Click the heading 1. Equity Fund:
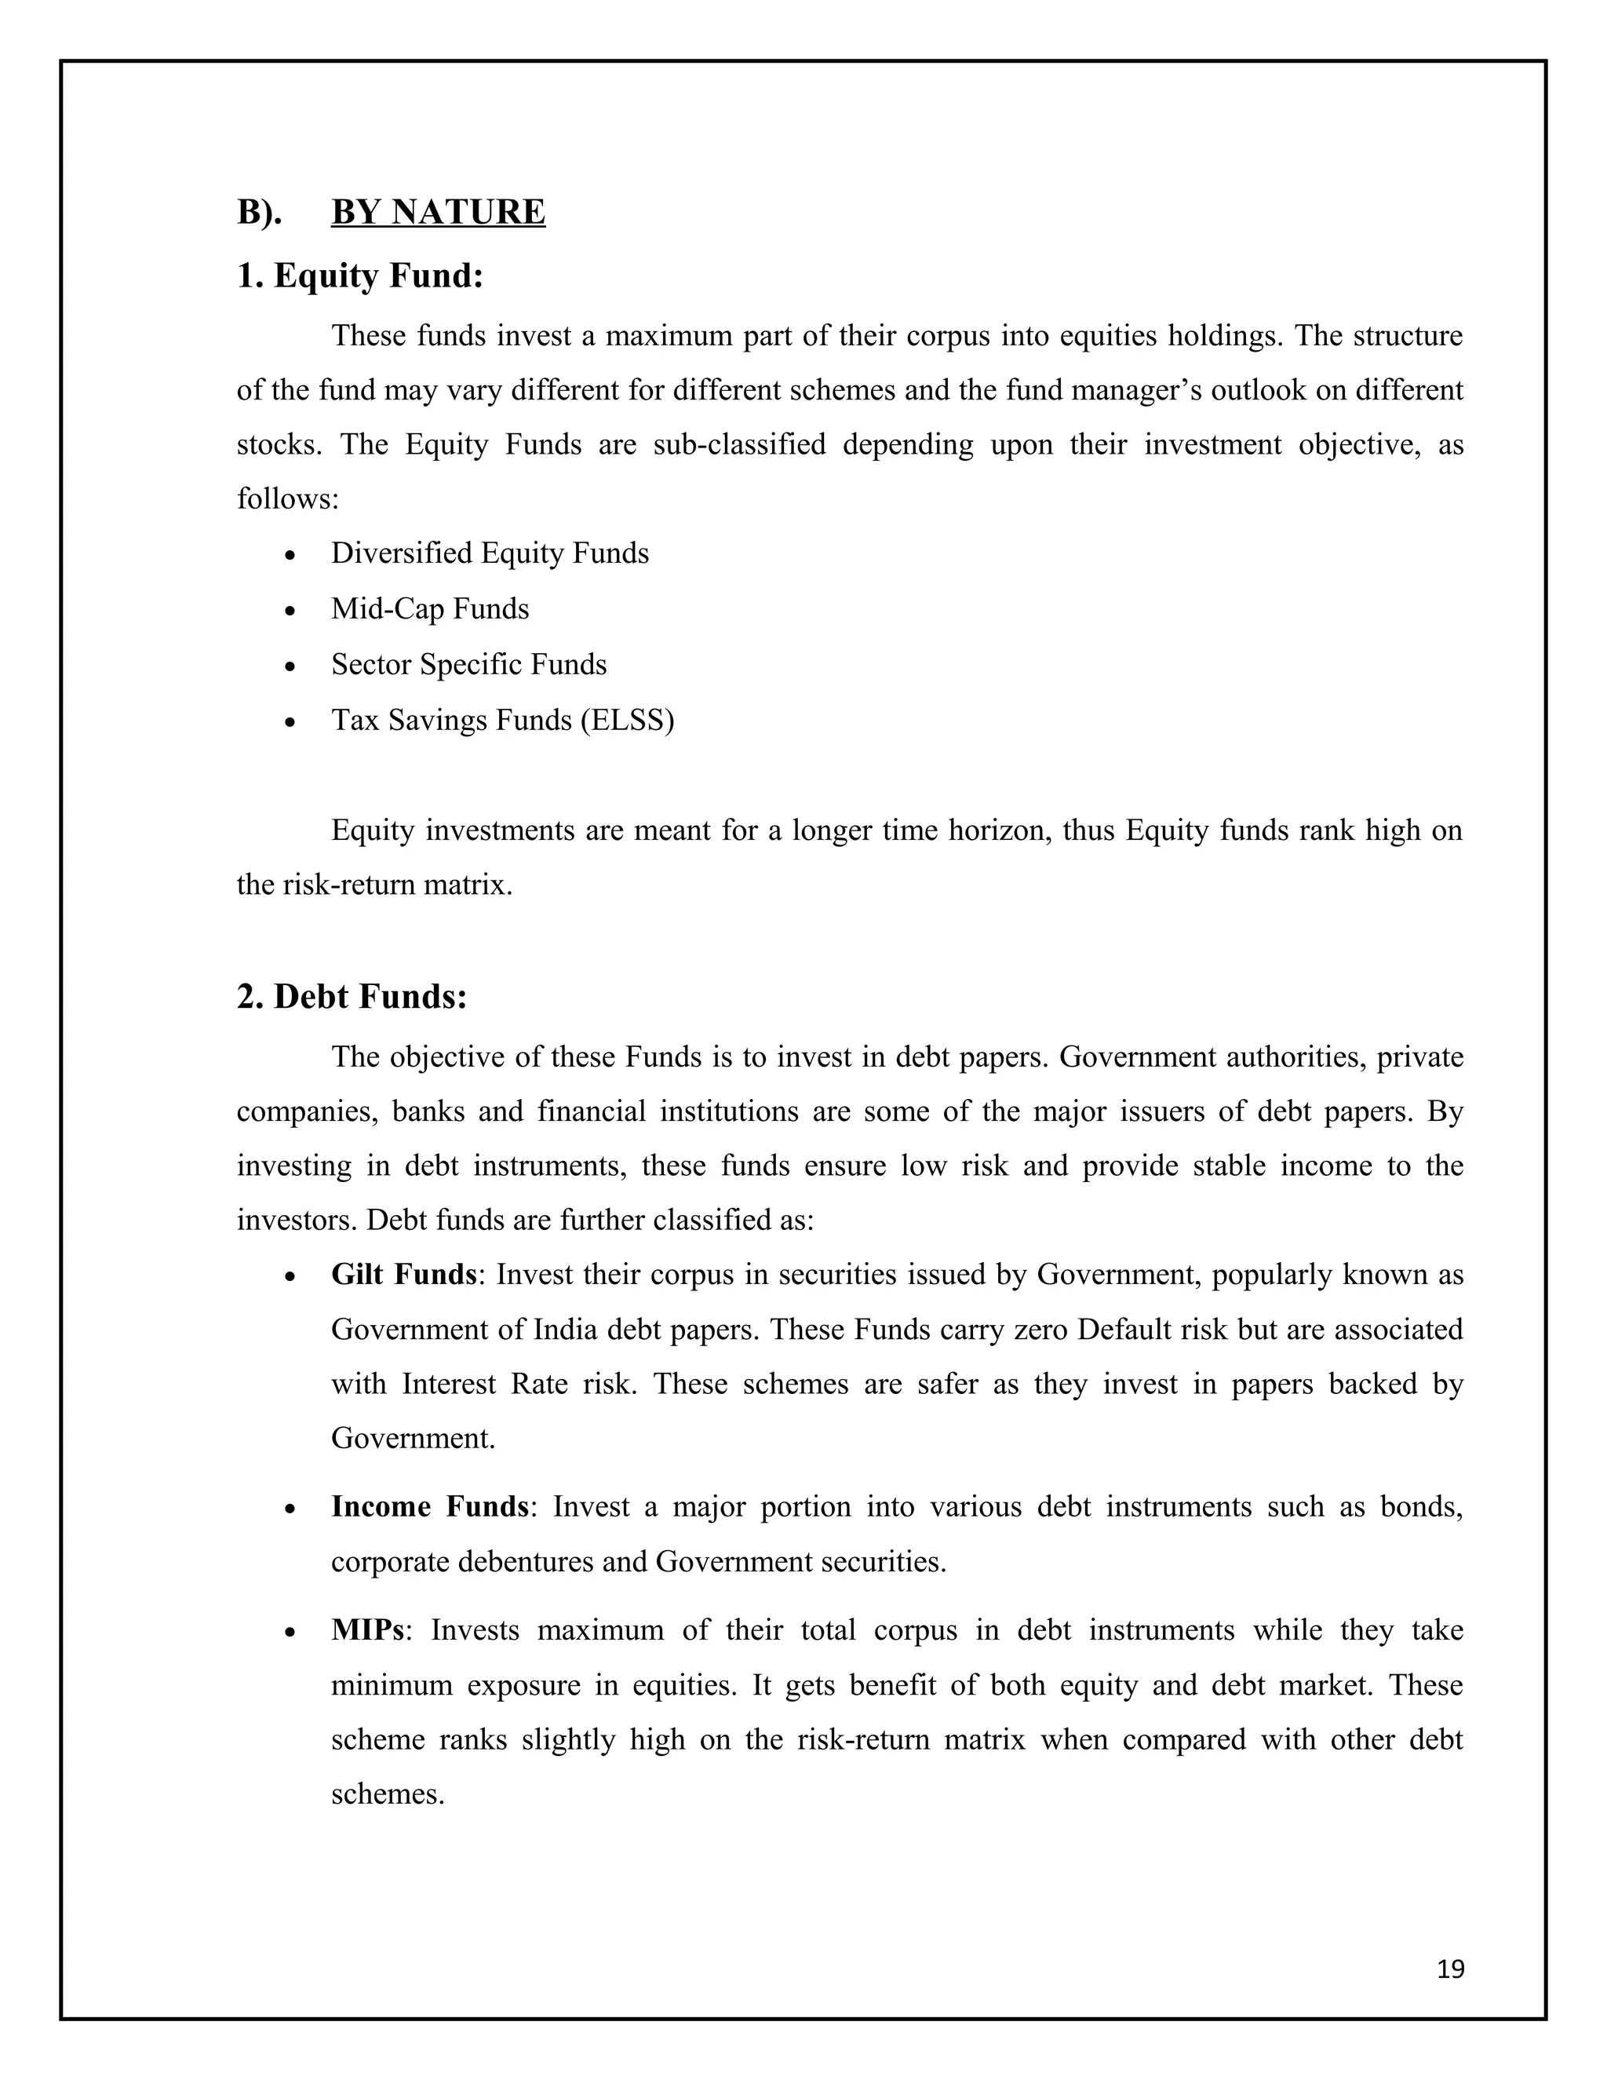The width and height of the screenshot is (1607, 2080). tap(360, 276)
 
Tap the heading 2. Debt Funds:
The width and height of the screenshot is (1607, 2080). tap(352, 996)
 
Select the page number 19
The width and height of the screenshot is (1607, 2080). tap(1450, 1969)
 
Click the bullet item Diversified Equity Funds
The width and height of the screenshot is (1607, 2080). tap(490, 553)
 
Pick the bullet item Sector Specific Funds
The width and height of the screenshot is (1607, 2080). tap(468, 664)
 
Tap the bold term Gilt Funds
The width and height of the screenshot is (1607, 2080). tap(403, 1274)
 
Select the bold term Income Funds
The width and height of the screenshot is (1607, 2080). tap(429, 1507)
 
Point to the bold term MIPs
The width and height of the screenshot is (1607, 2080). tap(367, 1629)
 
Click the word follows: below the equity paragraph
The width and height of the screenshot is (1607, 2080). tap(287, 499)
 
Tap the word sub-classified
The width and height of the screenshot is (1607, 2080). tap(738, 445)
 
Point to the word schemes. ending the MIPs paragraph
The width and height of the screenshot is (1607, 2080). tap(388, 1794)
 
